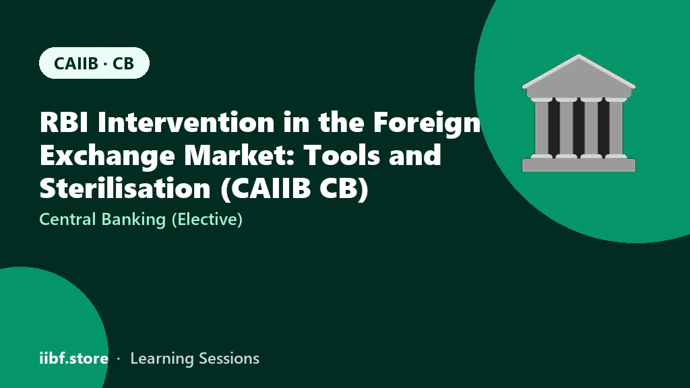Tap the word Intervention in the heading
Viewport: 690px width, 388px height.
[185, 122]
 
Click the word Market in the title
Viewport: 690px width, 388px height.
[240, 156]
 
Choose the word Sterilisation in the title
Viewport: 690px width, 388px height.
[125, 189]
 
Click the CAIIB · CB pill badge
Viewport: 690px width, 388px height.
[94, 63]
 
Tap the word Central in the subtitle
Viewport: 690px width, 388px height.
[67, 219]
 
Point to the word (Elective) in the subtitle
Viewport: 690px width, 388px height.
[207, 220]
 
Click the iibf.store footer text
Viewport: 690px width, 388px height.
[74, 358]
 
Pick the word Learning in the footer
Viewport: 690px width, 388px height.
[162, 359]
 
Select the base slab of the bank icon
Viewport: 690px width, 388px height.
[579, 165]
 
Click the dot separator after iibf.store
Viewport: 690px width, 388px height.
[119, 359]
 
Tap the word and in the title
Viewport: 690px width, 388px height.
[415, 156]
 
